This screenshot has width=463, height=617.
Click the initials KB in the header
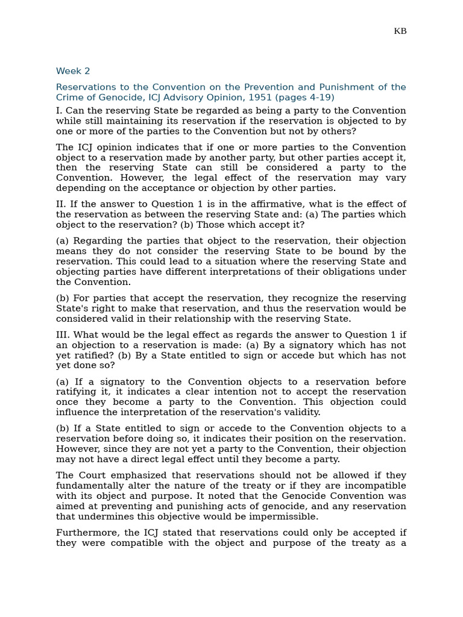(400, 31)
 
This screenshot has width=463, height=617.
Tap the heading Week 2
(73, 71)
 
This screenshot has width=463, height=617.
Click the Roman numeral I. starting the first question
(59, 111)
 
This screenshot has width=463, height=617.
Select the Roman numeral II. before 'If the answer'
(61, 204)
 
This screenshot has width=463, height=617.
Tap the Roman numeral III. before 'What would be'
(64, 335)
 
